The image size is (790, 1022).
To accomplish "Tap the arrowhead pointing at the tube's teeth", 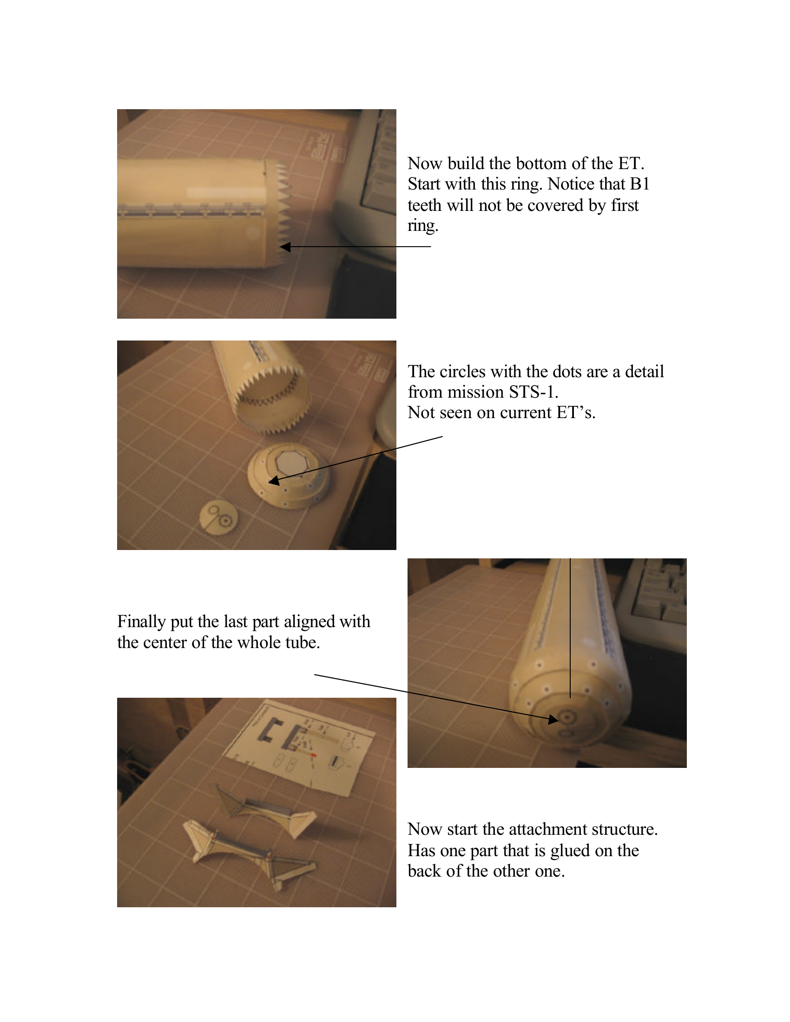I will coord(285,247).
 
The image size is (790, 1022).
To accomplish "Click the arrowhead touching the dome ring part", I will coord(274,481).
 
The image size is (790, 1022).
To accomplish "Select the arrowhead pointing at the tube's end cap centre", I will coord(553,719).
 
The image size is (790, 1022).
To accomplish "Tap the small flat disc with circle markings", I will coord(218,518).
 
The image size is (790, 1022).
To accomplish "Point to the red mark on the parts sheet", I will coord(314,755).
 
